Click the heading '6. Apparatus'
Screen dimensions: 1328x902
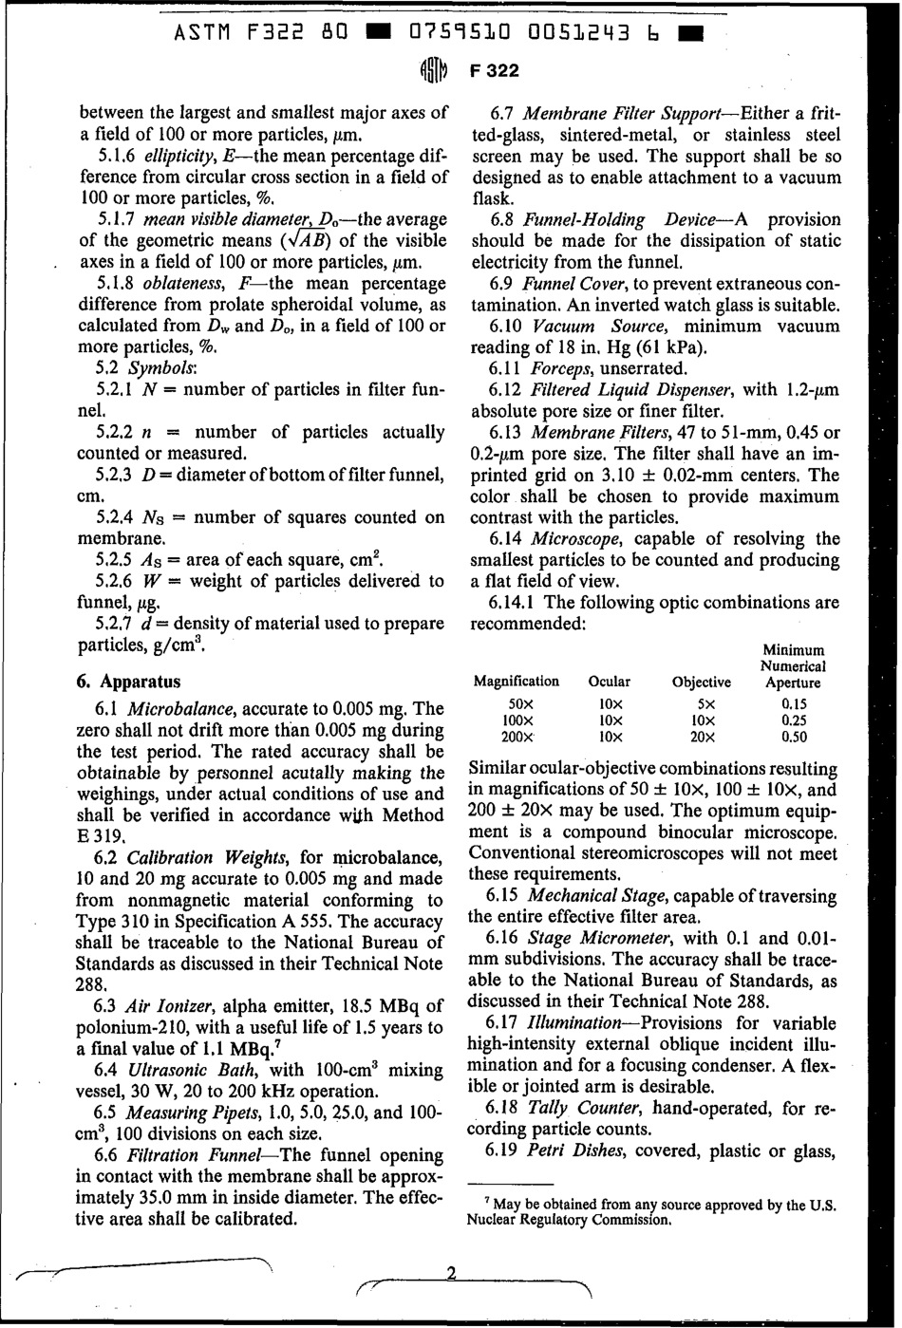128,682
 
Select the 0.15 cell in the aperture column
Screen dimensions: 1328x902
793,705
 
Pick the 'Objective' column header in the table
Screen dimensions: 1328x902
701,682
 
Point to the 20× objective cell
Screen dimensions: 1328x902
703,736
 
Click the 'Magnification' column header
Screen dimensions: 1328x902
516,682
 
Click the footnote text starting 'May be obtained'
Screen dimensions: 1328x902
653,1212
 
